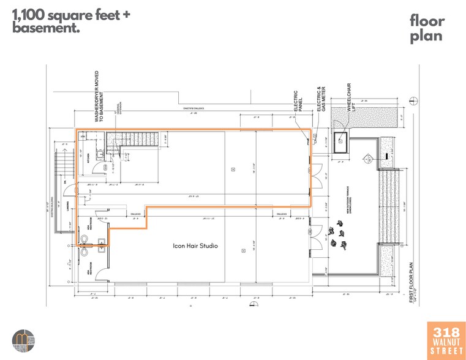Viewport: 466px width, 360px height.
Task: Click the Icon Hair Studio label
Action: (195, 246)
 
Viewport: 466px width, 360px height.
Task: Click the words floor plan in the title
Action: (427, 28)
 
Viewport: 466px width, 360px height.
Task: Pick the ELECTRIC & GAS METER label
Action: (321, 98)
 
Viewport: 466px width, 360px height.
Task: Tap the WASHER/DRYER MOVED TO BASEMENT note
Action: (99, 97)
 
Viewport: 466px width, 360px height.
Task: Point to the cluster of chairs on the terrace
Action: (337, 238)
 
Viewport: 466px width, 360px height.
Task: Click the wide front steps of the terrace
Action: (389, 204)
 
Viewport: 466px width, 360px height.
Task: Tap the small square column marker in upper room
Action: (233, 170)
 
